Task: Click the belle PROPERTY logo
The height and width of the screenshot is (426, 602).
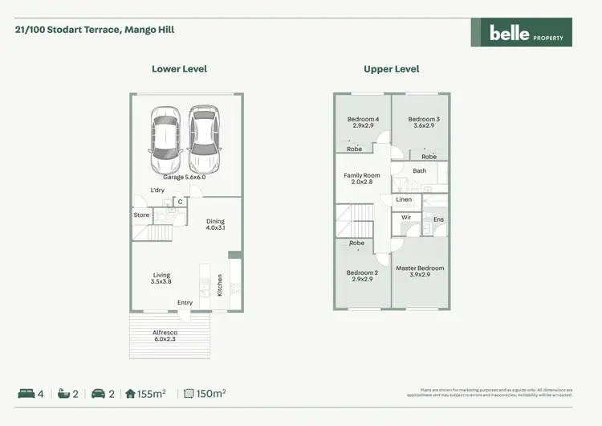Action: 521,33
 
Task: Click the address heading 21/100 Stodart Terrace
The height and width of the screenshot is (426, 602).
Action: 95,30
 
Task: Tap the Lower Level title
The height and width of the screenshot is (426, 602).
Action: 179,69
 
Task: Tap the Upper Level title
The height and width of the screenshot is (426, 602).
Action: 391,69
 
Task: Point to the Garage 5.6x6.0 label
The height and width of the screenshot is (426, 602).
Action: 185,177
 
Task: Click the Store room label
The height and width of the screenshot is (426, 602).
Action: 141,215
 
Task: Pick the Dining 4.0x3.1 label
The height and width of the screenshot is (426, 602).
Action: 215,225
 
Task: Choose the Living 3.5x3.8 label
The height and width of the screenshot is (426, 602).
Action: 161,279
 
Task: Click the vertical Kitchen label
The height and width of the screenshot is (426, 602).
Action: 220,285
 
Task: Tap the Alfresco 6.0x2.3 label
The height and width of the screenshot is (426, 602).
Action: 165,336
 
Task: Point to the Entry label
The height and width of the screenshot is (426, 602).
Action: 185,303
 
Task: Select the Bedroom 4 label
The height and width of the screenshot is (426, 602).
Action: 363,122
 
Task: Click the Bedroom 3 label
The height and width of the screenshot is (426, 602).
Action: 424,122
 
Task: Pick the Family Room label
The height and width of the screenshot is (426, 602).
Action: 362,178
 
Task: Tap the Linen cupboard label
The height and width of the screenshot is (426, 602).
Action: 404,199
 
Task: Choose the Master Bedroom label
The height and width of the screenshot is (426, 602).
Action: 420,272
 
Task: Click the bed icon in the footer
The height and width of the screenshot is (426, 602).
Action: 26,394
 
